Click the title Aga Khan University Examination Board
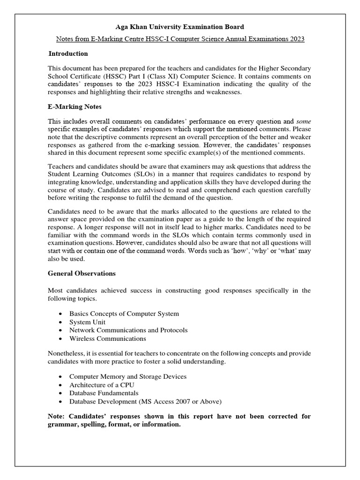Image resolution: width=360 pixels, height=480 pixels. pos(180,27)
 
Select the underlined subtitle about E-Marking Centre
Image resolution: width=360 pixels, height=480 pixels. pos(180,39)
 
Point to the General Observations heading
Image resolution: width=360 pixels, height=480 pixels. pos(82,273)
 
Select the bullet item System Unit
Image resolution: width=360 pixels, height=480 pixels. pos(87,322)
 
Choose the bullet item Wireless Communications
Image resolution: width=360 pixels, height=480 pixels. pos(107,338)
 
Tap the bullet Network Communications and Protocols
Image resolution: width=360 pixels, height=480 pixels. pos(128,330)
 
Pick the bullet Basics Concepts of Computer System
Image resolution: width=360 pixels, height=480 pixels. pos(124,314)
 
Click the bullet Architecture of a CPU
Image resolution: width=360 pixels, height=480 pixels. pos(102,385)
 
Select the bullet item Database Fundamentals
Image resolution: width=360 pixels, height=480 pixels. pos(104,393)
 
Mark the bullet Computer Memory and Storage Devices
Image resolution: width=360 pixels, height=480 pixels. pos(127,376)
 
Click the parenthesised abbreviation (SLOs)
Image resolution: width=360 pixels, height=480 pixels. pos(147,174)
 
